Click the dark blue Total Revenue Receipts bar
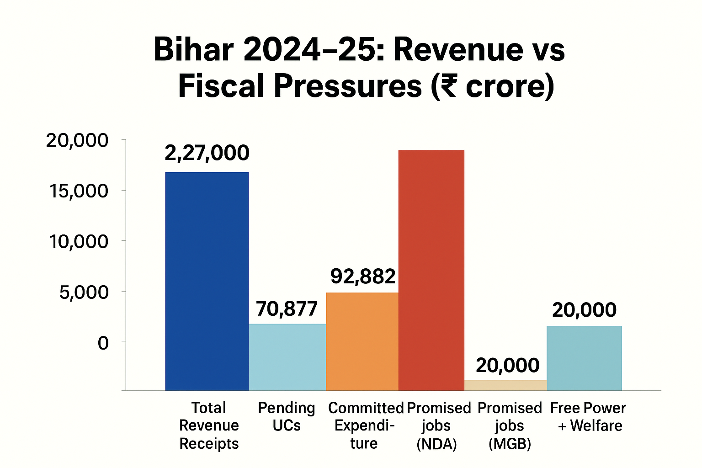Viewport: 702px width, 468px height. pos(207,281)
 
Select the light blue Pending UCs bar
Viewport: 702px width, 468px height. pos(287,357)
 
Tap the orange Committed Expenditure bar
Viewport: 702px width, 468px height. pos(362,341)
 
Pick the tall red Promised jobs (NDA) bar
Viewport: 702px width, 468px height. pos(431,270)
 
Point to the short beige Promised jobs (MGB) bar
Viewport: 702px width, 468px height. pos(505,385)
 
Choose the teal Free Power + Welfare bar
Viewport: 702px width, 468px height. pos(584,358)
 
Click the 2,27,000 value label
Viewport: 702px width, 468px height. pos(207,153)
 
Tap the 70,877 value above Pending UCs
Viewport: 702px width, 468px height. pos(287,309)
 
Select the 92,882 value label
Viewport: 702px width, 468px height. pos(363,277)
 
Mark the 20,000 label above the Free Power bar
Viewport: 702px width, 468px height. pos(584,310)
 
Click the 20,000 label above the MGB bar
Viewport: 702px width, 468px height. pos(507,365)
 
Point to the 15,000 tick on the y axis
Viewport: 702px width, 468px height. pos(79,191)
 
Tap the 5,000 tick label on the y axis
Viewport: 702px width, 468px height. pos(84,292)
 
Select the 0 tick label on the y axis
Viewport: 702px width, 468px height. pos(103,343)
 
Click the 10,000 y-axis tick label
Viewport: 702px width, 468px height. pos(79,242)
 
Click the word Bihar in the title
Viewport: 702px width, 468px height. pos(194,49)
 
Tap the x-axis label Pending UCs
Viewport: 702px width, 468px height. pos(287,416)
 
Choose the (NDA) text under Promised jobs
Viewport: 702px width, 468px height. pos(436,444)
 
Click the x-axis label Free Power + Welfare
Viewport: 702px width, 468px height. pos(588,416)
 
